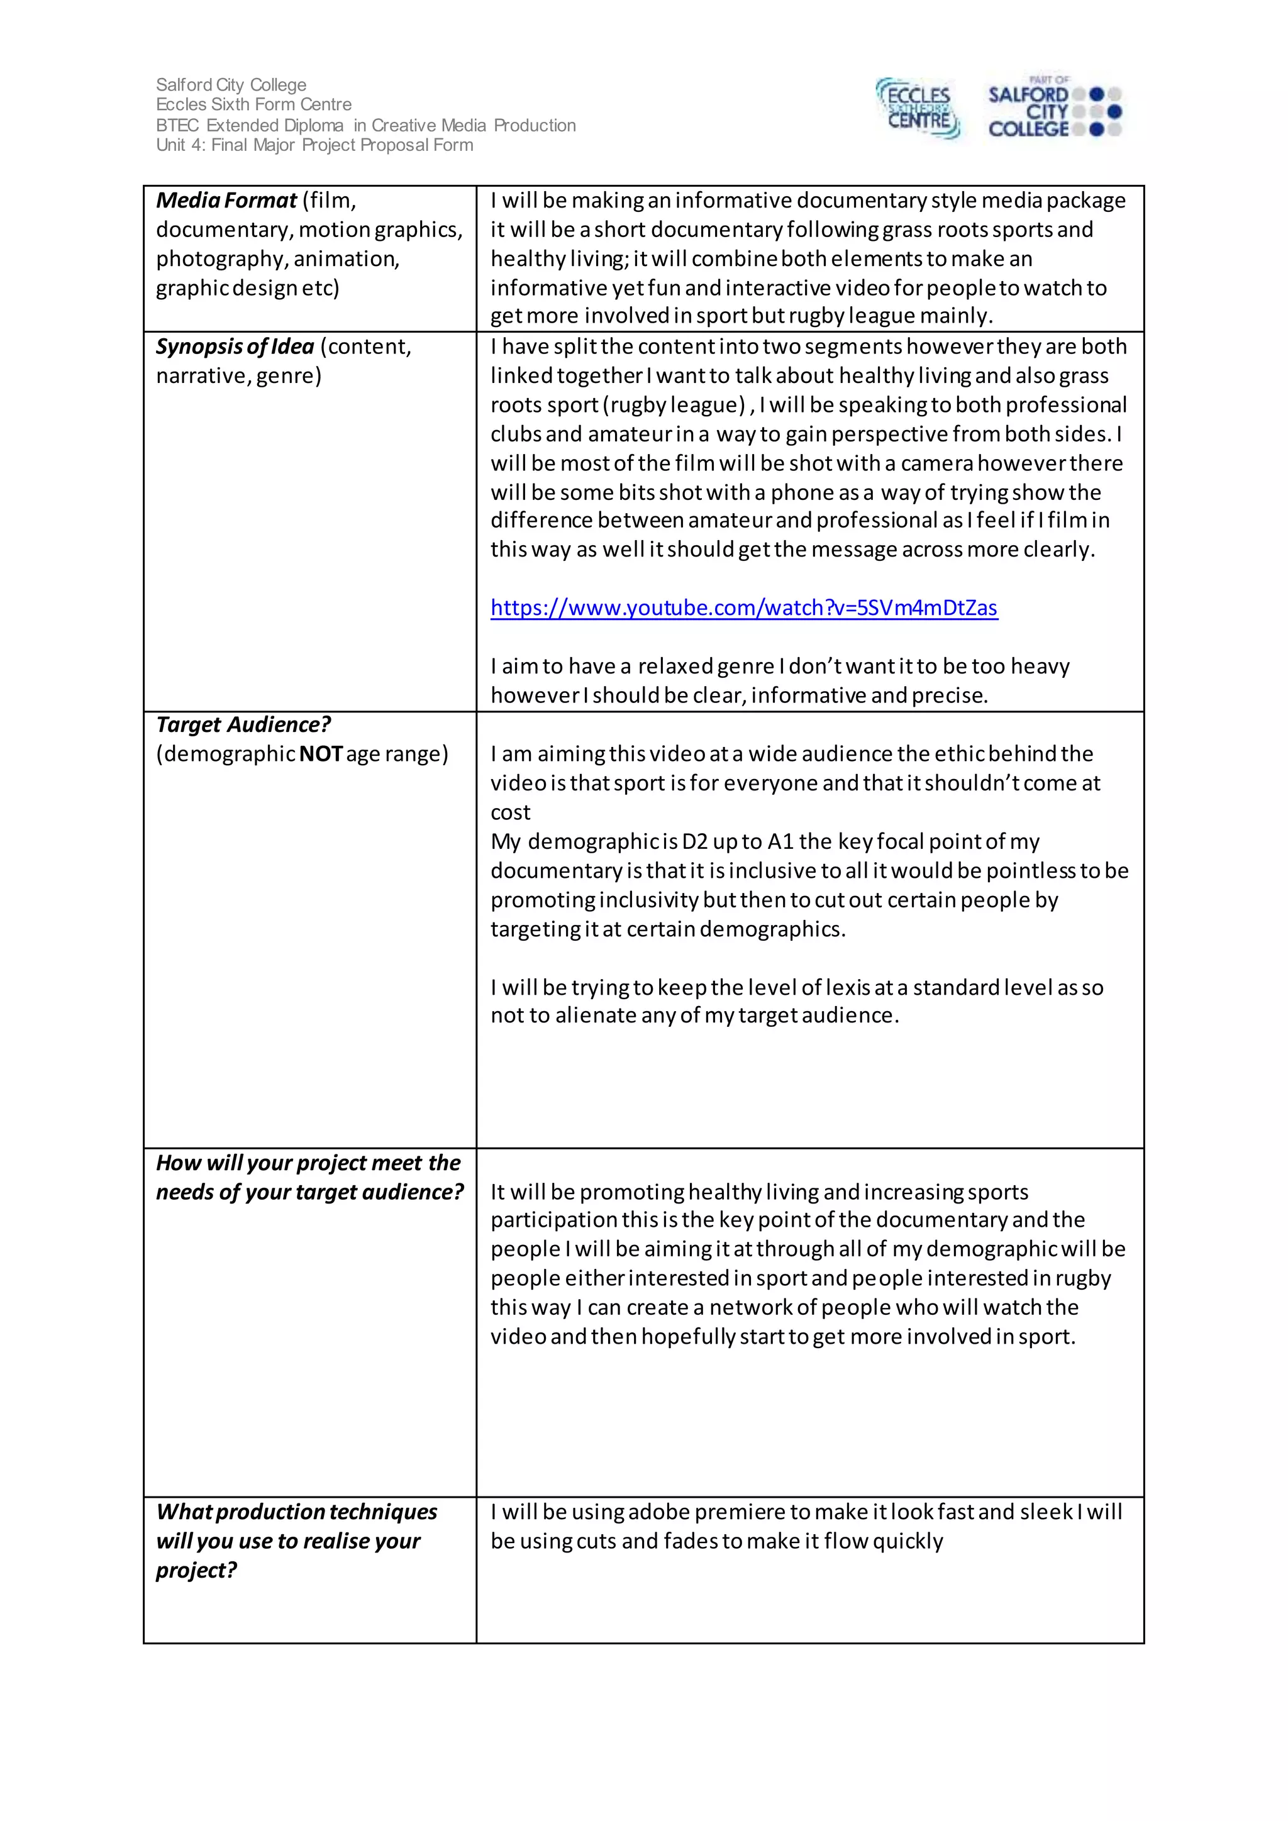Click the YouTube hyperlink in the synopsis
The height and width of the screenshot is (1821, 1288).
coord(743,608)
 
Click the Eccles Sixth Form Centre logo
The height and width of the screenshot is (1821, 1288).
coord(918,109)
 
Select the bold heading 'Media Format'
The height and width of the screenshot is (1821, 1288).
coord(226,201)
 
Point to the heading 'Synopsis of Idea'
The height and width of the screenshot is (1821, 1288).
coord(235,346)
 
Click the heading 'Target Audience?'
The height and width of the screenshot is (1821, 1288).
coord(243,725)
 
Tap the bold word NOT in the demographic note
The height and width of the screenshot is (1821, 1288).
coord(320,755)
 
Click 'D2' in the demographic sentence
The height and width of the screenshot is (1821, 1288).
coord(694,841)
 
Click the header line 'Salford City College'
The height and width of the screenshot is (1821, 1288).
coord(231,85)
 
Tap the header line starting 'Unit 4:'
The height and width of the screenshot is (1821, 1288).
coord(314,145)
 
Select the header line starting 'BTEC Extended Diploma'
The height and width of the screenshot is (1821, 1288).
coord(365,125)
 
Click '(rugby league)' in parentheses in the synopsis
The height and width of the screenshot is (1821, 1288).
coord(674,406)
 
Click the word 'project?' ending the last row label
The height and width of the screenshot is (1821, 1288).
coord(196,1570)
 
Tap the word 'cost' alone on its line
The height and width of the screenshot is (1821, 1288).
coord(510,813)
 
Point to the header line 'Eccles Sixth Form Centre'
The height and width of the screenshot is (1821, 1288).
coord(254,104)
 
